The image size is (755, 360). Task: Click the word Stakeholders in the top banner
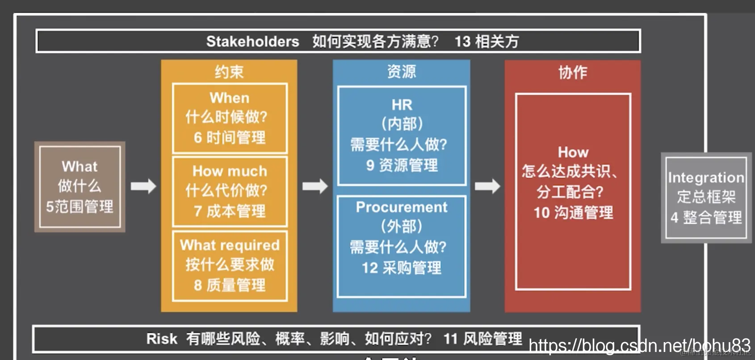pyautogui.click(x=252, y=42)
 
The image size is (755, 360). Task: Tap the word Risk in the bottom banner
pyautogui.click(x=161, y=339)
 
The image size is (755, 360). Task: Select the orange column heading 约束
pyautogui.click(x=229, y=72)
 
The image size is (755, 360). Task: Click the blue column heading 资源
pyautogui.click(x=401, y=71)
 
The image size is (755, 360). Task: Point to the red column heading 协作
pyautogui.click(x=572, y=72)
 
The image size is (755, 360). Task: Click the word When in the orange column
pyautogui.click(x=229, y=98)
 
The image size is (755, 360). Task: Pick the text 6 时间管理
pyautogui.click(x=229, y=137)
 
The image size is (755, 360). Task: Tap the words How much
pyautogui.click(x=229, y=171)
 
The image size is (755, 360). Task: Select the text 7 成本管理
pyautogui.click(x=229, y=211)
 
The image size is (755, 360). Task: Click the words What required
pyautogui.click(x=230, y=245)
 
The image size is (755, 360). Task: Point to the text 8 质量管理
pyautogui.click(x=229, y=285)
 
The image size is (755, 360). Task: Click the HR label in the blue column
pyautogui.click(x=402, y=105)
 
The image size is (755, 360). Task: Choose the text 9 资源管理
pyautogui.click(x=402, y=165)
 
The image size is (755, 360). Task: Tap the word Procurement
pyautogui.click(x=401, y=207)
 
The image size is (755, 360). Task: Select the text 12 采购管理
pyautogui.click(x=401, y=268)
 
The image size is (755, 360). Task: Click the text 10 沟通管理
pyautogui.click(x=573, y=213)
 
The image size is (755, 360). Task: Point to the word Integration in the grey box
pyautogui.click(x=706, y=178)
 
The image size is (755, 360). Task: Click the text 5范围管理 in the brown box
pyautogui.click(x=80, y=206)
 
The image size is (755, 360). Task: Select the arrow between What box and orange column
pyautogui.click(x=143, y=186)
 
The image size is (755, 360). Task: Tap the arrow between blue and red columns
pyautogui.click(x=487, y=186)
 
